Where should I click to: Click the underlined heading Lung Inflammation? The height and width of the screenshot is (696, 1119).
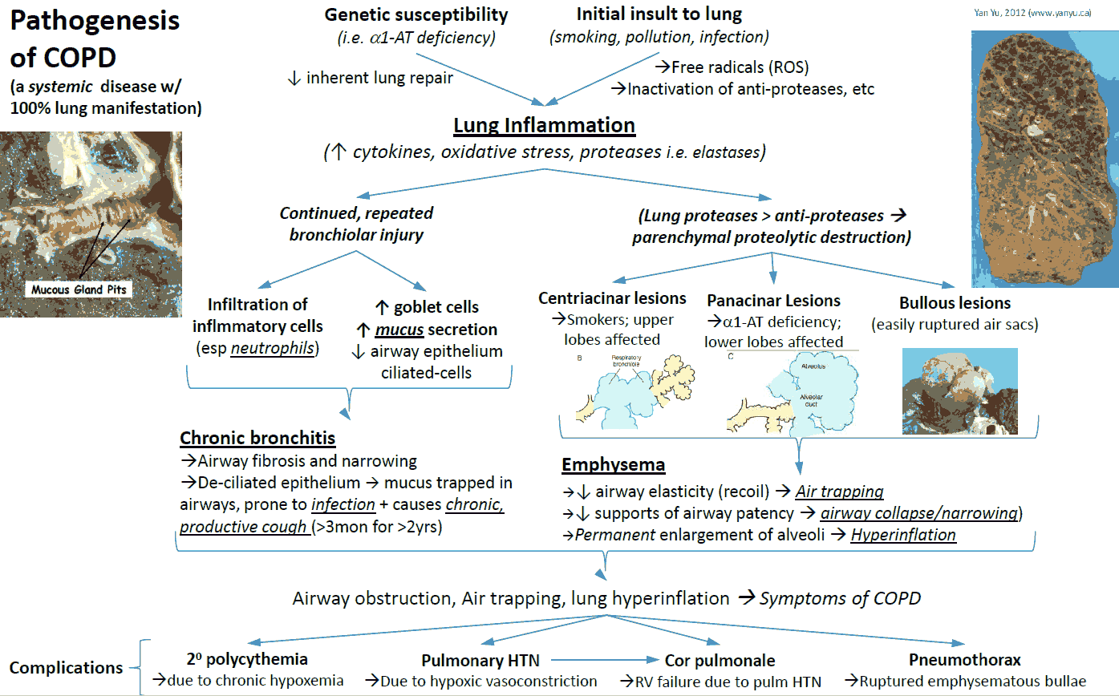[544, 125]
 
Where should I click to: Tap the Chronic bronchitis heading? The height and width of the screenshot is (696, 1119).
[257, 438]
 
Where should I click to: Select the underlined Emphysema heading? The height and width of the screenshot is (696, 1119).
[613, 465]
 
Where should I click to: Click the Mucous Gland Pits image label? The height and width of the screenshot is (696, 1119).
[79, 289]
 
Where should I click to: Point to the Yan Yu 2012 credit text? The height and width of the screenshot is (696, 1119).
[1032, 13]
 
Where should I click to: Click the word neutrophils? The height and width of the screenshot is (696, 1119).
[273, 348]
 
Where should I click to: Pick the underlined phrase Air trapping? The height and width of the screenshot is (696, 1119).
[839, 492]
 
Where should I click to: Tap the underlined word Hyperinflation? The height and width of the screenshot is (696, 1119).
[903, 535]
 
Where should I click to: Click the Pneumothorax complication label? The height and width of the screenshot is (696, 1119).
[965, 660]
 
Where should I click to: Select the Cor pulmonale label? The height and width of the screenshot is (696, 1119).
[720, 661]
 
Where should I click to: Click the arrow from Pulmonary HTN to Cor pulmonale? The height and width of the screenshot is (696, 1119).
[605, 660]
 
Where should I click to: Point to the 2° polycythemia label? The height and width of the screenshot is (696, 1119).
[247, 659]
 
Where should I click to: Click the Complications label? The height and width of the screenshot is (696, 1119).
[66, 668]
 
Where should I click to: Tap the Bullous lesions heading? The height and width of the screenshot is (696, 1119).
[955, 303]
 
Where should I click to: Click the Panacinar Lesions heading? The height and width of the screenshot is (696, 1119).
[773, 301]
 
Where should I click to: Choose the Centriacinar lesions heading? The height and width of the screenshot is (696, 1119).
[612, 298]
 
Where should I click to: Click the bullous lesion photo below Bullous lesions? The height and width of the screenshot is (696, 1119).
[959, 391]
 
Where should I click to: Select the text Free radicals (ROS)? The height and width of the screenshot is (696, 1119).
[740, 67]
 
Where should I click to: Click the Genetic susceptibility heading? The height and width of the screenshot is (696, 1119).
[416, 15]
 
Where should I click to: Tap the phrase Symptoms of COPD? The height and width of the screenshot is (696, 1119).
[840, 598]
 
